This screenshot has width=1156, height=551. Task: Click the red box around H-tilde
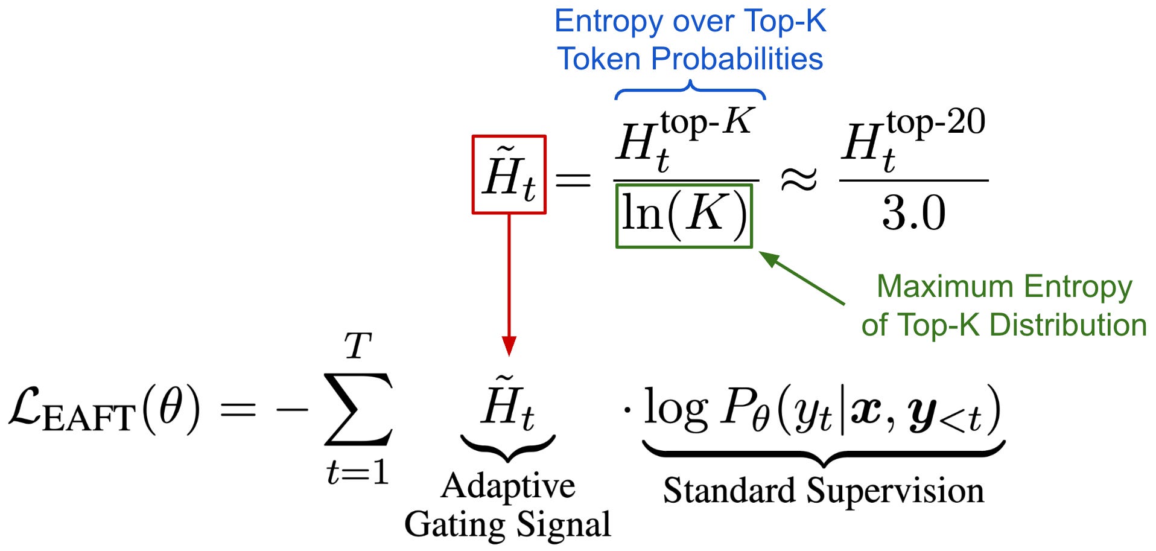509,174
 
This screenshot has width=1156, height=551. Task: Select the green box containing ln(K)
684,215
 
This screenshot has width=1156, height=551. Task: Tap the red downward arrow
509,284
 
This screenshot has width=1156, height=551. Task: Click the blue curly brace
690,91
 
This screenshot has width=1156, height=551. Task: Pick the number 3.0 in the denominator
913,213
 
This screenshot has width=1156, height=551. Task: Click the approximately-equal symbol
799,180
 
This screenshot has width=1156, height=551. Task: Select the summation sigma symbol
358,409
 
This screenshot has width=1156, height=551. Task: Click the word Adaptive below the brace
508,486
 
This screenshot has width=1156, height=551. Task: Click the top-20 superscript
936,122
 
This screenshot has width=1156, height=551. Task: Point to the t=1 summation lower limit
357,472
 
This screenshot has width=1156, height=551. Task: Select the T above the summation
357,346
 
